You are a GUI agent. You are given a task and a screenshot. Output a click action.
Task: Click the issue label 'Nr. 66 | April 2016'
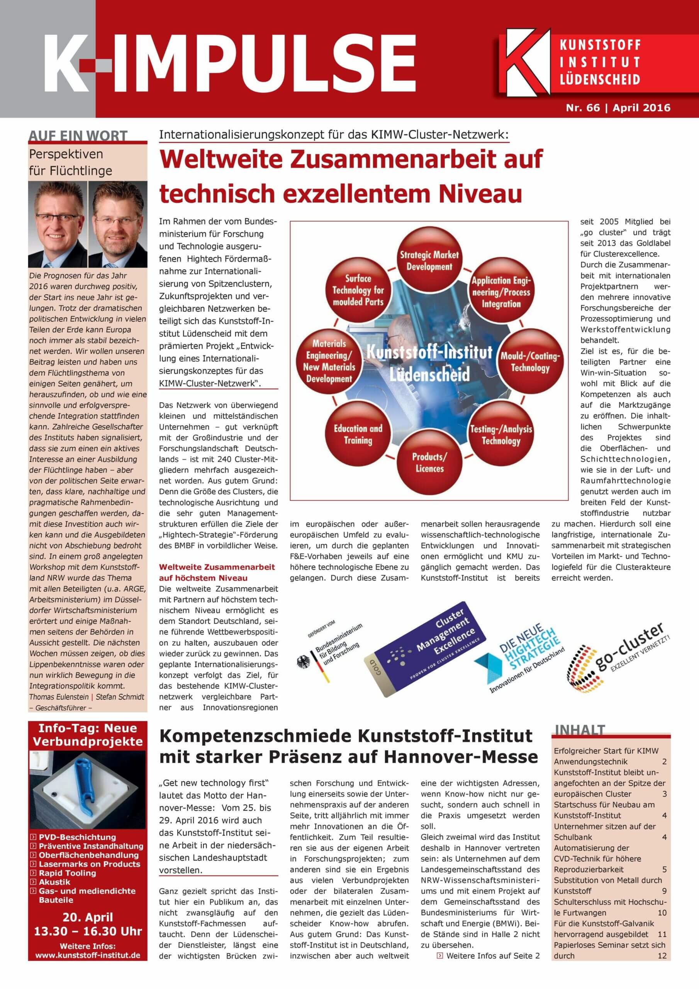618,108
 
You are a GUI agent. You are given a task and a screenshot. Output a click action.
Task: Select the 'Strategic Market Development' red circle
429,260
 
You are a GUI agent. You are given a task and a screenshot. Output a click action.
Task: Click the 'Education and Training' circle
358,434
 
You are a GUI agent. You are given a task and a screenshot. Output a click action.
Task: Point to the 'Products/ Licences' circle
429,462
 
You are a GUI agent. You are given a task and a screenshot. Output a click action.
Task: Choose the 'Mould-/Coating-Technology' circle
530,362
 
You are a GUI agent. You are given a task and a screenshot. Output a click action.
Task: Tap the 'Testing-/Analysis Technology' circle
501,435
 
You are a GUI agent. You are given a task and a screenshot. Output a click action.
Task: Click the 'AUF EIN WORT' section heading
78,136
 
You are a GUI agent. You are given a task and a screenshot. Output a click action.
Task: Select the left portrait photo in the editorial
58,224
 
